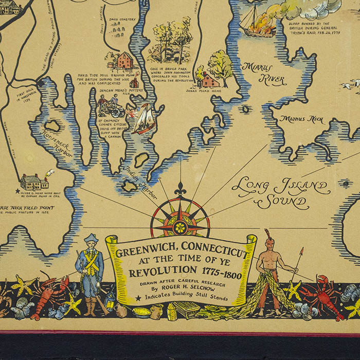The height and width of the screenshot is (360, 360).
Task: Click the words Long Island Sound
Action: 280,193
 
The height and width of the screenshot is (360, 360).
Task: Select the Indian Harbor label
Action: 139,182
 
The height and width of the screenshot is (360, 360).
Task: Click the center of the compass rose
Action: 180,225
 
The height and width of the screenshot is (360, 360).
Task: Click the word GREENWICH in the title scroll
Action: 143,253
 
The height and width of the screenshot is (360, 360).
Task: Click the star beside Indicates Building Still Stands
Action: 138,298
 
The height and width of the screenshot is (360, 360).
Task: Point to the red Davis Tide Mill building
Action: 124,61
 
